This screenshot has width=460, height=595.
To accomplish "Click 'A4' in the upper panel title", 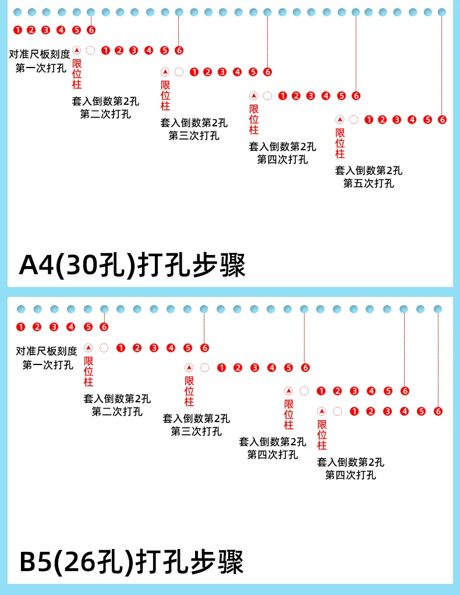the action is [x=38, y=265].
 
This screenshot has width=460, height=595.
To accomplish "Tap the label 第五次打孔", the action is [x=368, y=183].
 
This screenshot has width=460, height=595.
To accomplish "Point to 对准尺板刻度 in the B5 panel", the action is [x=46, y=351].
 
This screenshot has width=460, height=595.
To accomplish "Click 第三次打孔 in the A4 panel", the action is [x=194, y=136].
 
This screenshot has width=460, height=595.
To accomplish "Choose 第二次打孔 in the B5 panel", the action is [x=116, y=412].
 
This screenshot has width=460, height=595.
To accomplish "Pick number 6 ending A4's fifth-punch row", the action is [x=442, y=120].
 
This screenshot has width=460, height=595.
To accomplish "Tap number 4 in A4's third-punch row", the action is [x=237, y=72].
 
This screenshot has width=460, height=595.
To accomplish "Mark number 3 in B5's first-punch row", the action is [x=54, y=327].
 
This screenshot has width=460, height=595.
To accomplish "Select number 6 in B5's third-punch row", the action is [x=306, y=368].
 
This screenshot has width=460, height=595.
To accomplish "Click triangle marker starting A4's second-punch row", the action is [x=76, y=50].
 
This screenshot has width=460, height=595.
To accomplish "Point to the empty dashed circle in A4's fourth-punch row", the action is [x=267, y=96].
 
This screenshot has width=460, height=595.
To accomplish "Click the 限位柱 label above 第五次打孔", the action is [x=340, y=143].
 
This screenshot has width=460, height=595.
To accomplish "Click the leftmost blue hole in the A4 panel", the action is [x=17, y=12].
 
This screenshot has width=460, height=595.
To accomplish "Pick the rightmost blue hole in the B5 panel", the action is [x=438, y=309].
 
